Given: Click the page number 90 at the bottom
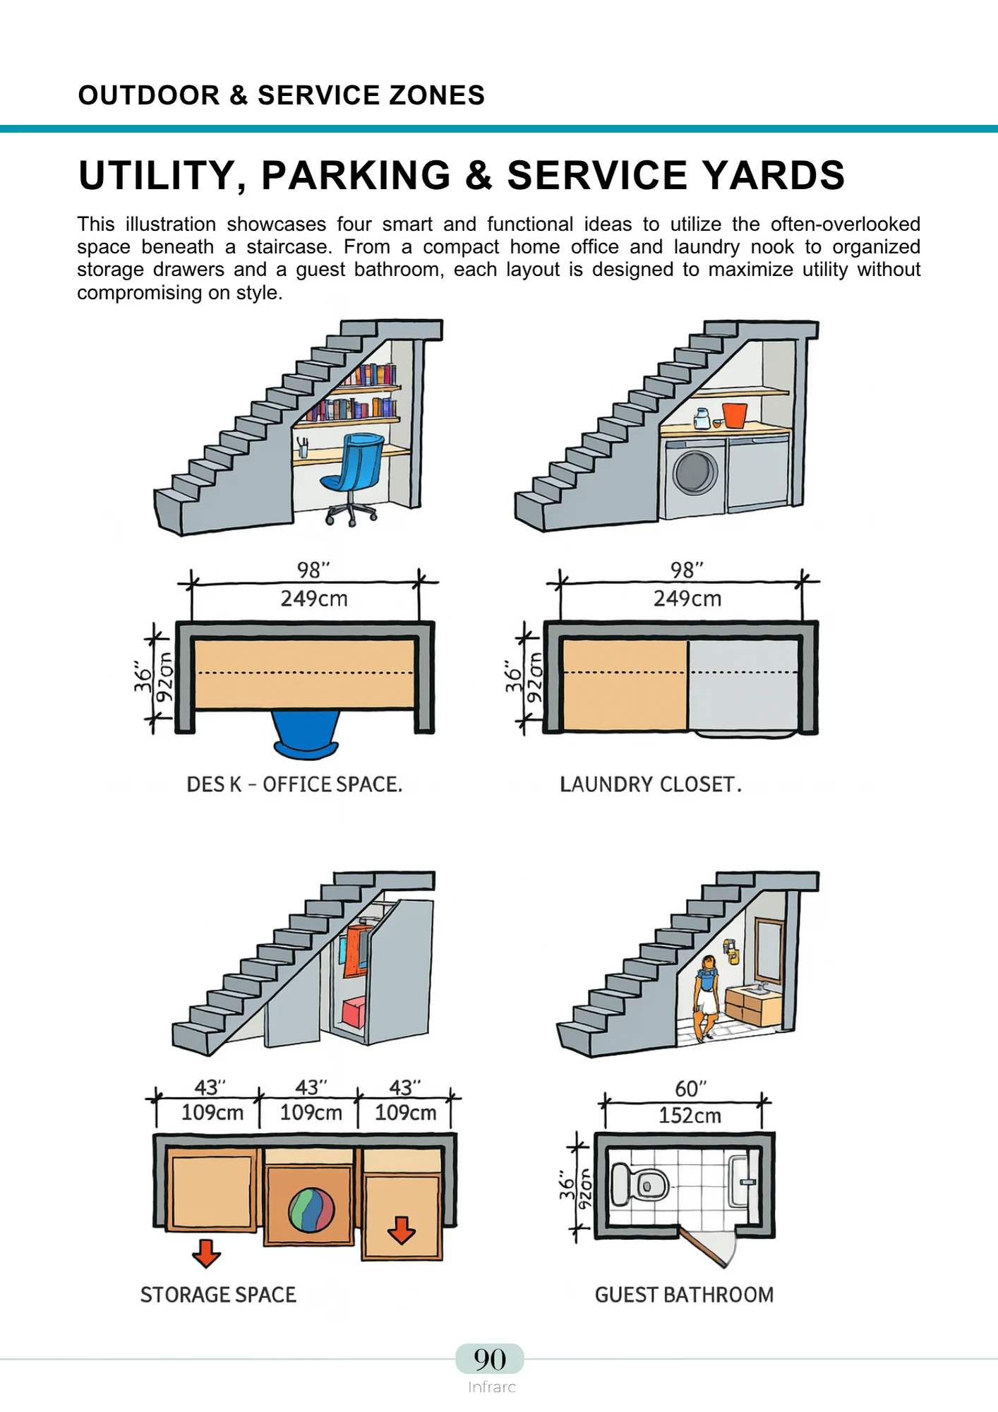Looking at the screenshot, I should pos(490,1359).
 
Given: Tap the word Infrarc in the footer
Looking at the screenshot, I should pos(491,1387).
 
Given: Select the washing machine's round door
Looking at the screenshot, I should pos(695,472).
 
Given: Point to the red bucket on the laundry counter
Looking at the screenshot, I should pos(734,414).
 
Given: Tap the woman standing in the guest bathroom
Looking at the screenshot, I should pos(707,995).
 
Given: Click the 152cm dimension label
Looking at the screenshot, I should pos(690,1115).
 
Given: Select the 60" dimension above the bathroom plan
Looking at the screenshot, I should pos(690,1089).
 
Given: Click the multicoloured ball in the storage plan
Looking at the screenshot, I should pos(311,1209).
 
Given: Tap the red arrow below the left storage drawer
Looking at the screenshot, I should pos(206,1253).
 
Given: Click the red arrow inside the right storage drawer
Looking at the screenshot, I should pos(402,1229).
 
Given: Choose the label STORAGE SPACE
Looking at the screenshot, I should pos(218,1295).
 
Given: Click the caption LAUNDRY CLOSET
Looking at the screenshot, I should pos(650,784).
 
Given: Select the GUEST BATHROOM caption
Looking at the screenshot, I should pos(684,1295).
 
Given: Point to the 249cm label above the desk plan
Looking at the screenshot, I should pos(314,599).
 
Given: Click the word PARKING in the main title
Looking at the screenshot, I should pos(356,175).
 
